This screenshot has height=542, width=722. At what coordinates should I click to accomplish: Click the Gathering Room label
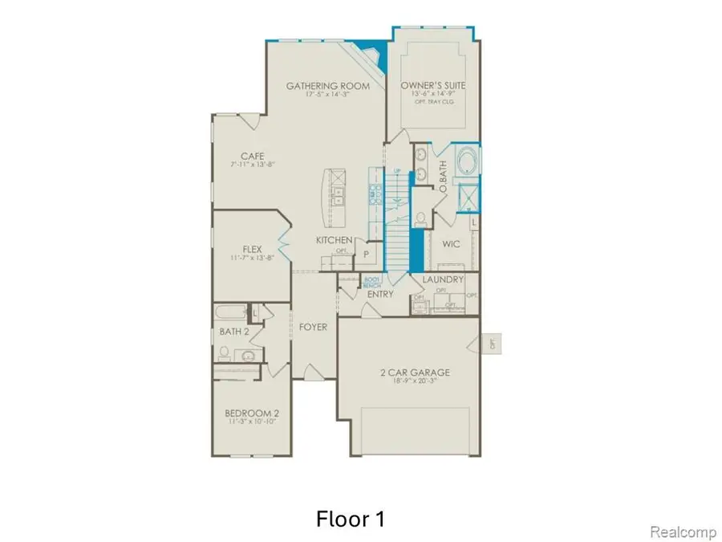point(327,86)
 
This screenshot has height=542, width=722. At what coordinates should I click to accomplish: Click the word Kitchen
point(334,240)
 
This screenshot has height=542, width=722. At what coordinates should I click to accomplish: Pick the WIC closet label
point(451,244)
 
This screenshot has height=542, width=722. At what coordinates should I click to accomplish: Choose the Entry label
point(380,295)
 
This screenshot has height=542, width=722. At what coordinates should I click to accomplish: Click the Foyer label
point(313,327)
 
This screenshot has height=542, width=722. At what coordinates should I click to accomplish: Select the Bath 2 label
point(233,331)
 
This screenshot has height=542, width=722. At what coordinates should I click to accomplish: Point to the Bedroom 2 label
point(252,414)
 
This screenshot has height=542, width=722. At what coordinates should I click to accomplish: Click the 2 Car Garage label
point(414,373)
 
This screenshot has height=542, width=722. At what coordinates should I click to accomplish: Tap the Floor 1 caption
point(351,519)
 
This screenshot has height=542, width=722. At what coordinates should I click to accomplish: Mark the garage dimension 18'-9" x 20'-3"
point(414,383)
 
